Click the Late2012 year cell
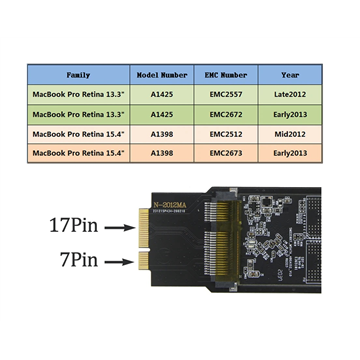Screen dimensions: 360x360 pyautogui.click(x=290, y=93)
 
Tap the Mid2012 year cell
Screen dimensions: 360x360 pyautogui.click(x=290, y=133)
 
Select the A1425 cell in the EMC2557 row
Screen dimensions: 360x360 pyautogui.click(x=159, y=93)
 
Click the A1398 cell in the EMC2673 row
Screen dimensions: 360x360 pyautogui.click(x=159, y=153)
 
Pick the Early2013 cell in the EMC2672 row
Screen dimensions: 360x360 pyautogui.click(x=290, y=113)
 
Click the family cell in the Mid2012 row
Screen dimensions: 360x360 pyautogui.click(x=78, y=133)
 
